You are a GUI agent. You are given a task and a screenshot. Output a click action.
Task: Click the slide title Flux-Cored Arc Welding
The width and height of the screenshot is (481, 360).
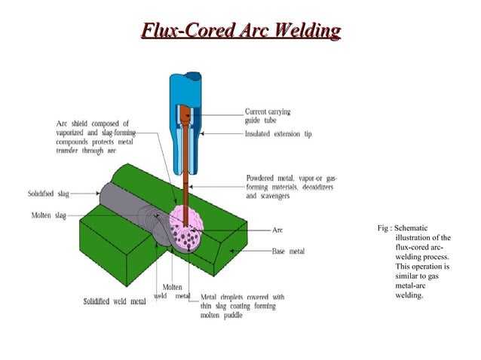pos(241,32)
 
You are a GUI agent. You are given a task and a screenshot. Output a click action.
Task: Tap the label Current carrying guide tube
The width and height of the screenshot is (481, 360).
pos(268,116)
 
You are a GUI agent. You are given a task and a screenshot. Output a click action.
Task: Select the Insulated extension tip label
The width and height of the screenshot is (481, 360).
pos(278,134)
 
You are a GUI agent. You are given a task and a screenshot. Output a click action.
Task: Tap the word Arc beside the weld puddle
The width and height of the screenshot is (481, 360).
pos(278,230)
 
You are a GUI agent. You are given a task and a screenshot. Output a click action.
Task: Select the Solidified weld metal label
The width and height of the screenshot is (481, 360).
pos(115,302)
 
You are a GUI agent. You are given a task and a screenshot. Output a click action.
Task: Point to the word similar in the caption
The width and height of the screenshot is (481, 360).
pos(407,276)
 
